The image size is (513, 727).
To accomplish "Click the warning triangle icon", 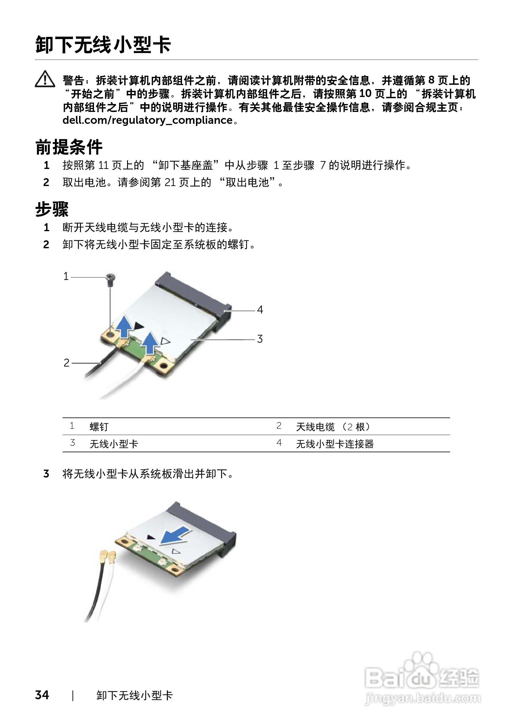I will [x=45, y=79].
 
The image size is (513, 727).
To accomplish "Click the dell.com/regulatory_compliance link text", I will [x=147, y=120].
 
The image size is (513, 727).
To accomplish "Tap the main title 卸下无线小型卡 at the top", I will [x=103, y=45].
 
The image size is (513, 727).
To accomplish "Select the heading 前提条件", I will [x=69, y=147].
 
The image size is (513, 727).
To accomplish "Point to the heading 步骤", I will [x=52, y=209].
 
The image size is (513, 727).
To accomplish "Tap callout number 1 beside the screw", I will [x=66, y=276].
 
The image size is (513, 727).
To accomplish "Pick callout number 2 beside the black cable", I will [x=66, y=363].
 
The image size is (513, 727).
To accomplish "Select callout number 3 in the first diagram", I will [x=260, y=339].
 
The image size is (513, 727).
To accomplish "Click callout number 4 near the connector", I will [x=260, y=310].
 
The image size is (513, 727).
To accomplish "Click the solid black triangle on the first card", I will [x=139, y=326].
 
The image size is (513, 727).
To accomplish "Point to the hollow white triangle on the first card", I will [x=165, y=341].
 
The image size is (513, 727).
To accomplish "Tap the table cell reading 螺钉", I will [x=99, y=427].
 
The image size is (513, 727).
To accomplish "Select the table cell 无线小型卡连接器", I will [x=335, y=444].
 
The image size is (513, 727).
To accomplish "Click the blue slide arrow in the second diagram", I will [x=175, y=535].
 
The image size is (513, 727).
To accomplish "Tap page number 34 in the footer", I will [x=42, y=695].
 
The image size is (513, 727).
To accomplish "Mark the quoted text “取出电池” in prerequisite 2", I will [x=248, y=182].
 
